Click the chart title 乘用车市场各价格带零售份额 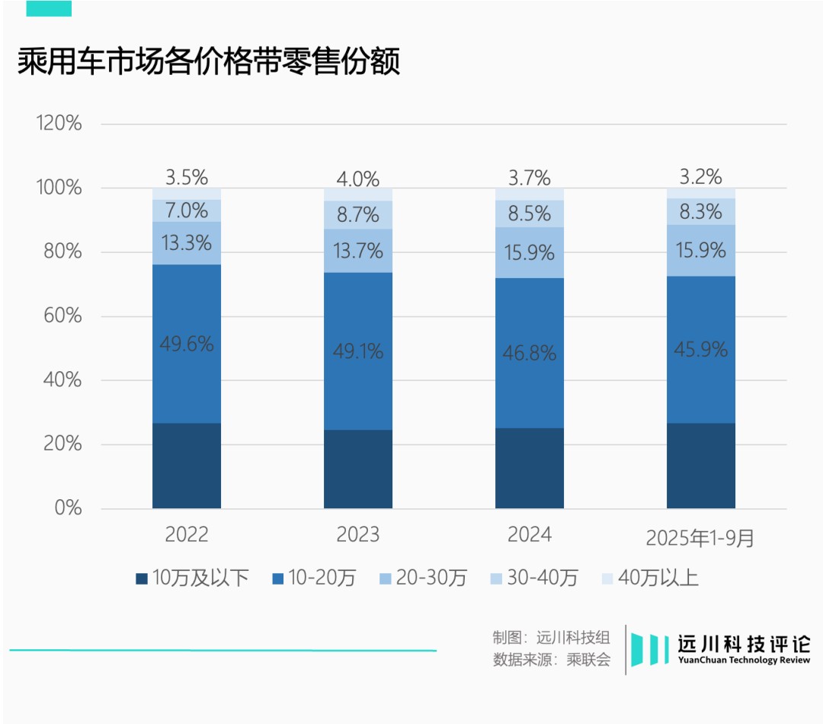click(x=209, y=62)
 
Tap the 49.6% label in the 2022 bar click(x=187, y=344)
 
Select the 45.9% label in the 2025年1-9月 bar click(x=701, y=350)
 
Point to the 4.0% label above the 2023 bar click(x=358, y=179)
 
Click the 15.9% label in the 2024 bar click(x=530, y=252)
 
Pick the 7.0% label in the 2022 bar click(x=187, y=210)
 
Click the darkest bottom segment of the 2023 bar click(x=358, y=469)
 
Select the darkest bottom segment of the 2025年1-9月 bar click(x=701, y=466)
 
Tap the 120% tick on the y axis click(x=59, y=123)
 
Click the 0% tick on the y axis click(x=67, y=508)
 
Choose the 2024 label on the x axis click(x=530, y=535)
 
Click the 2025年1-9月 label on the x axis click(x=700, y=537)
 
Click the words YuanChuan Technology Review click(x=745, y=661)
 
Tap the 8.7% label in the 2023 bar click(x=358, y=215)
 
